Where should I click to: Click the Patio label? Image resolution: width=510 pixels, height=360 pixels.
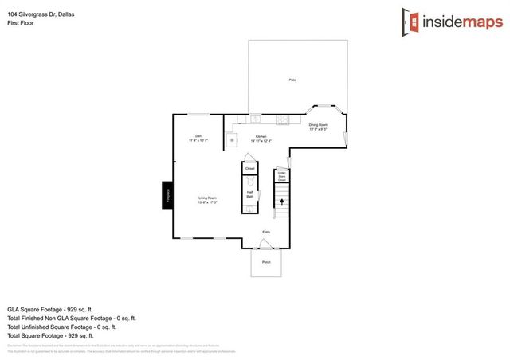coord(292,80)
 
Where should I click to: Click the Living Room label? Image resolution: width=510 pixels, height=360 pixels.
coord(208,200)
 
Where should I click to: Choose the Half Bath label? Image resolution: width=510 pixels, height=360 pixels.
coord(249,194)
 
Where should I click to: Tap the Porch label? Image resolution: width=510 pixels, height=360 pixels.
coord(266,261)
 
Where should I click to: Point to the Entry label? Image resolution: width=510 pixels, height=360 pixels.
coord(265,232)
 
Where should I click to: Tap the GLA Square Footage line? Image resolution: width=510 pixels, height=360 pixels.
coord(52,308)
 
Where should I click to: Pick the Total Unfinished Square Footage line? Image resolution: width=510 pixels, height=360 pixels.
coord(61,327)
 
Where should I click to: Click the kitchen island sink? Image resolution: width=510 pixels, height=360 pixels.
coord(233,139)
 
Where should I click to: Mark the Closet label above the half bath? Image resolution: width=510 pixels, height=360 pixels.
coord(249,169)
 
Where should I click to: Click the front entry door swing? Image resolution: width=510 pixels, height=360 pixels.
coord(267,241)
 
